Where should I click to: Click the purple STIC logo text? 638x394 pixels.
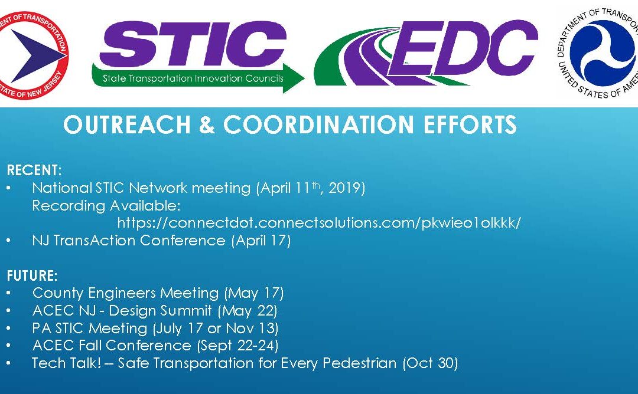193,44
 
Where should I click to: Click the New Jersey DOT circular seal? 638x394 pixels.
32,55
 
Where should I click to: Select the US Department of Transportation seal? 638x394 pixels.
598,53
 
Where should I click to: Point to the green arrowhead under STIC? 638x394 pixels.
294,78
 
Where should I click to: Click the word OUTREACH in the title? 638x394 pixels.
127,124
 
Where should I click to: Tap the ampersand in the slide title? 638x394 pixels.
207,124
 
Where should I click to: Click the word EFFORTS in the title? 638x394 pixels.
470,124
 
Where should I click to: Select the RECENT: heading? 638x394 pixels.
34,170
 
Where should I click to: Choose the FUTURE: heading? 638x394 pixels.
32,276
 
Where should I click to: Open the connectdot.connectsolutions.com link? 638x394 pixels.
319,222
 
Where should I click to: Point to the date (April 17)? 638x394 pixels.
261,241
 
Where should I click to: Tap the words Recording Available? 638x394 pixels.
106,205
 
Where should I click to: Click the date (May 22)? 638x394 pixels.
248,311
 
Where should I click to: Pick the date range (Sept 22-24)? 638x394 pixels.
237,346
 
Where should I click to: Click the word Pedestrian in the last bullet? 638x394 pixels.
359,363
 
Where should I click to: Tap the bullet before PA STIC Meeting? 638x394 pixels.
8,328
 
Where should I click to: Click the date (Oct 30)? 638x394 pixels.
430,363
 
